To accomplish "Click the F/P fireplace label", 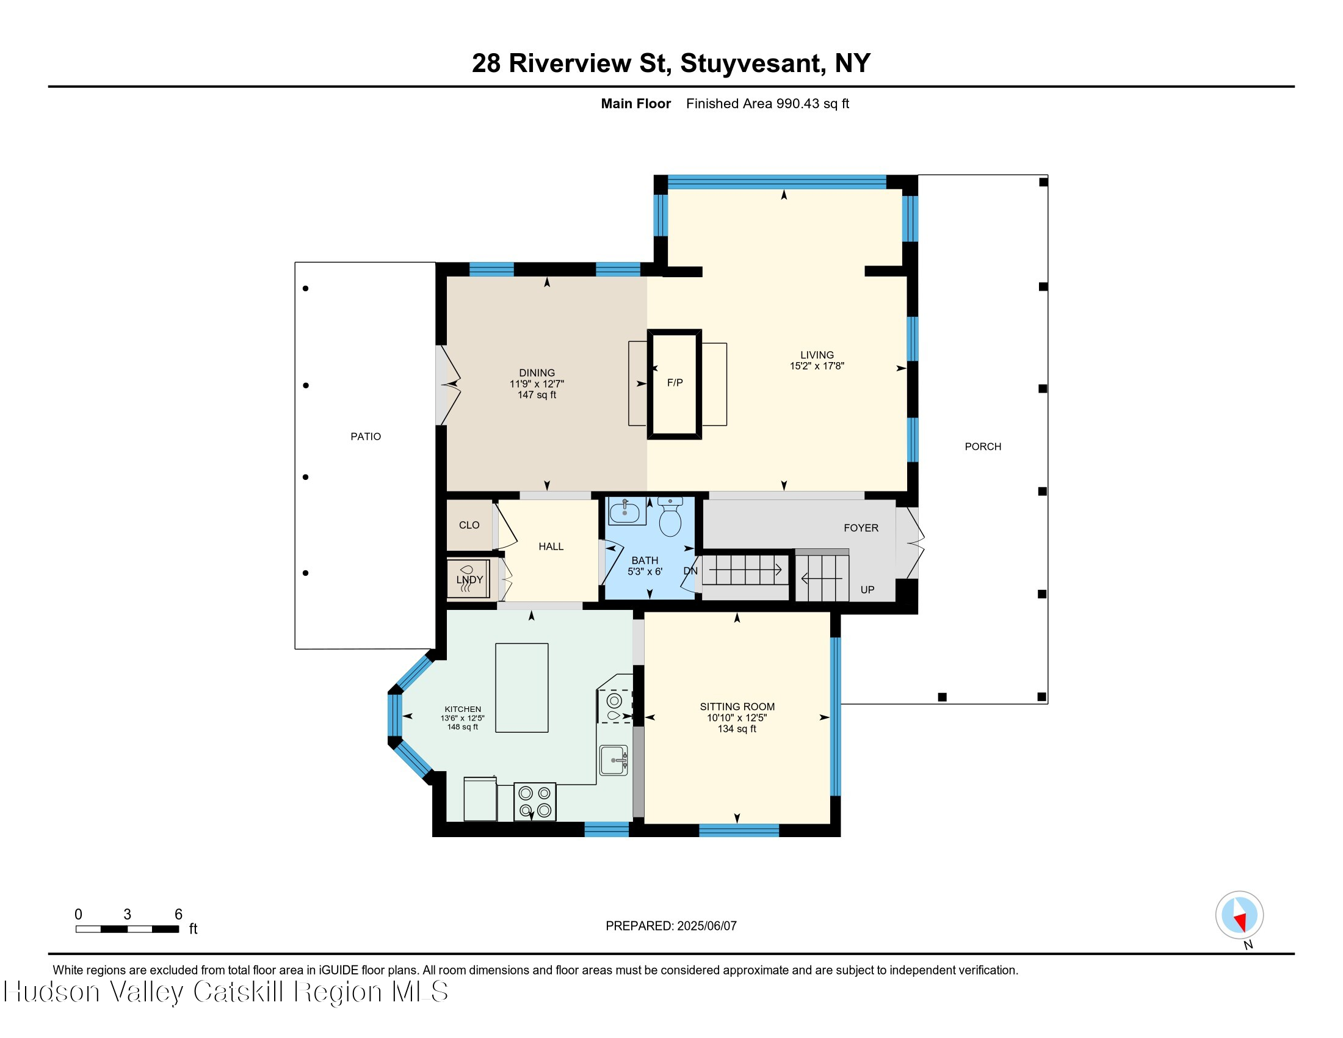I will [675, 382].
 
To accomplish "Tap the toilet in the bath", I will [670, 518].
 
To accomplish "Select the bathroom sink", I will [626, 512].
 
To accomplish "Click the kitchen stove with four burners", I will [534, 802].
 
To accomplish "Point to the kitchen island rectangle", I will [521, 688].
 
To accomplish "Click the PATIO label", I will [365, 437].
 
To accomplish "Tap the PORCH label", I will [982, 446].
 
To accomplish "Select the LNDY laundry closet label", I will [469, 579].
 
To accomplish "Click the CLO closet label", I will [469, 525].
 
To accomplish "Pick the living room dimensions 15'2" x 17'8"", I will [817, 366].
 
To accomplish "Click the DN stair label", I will [690, 571].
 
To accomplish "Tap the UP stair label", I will [867, 590].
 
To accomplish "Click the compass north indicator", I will [1239, 915].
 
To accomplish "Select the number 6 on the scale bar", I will [178, 914].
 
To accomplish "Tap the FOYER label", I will [860, 528].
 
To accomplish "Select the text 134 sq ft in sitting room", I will [737, 728].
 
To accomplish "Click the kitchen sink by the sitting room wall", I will [614, 760].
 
